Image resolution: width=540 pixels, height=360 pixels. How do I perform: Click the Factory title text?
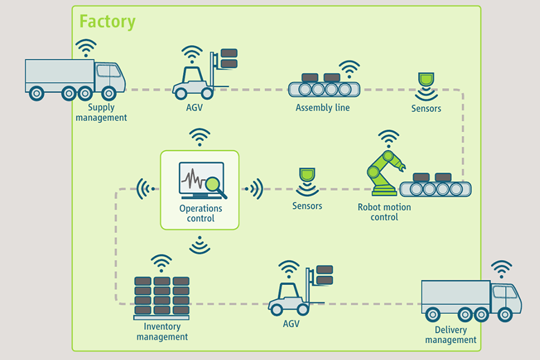[x=107, y=22]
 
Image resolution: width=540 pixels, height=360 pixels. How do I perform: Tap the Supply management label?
[x=101, y=113]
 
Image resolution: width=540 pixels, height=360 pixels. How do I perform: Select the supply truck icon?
[x=75, y=79]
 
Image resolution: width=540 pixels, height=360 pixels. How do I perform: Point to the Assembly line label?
[x=323, y=108]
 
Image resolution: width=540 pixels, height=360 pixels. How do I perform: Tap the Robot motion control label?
[x=385, y=212]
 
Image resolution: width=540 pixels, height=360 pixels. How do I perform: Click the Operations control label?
[x=200, y=214]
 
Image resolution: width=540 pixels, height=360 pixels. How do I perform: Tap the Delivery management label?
[x=451, y=335]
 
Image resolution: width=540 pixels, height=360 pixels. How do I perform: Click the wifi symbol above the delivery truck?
[x=502, y=267]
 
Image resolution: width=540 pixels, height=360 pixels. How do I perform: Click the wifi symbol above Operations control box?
[x=199, y=136]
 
